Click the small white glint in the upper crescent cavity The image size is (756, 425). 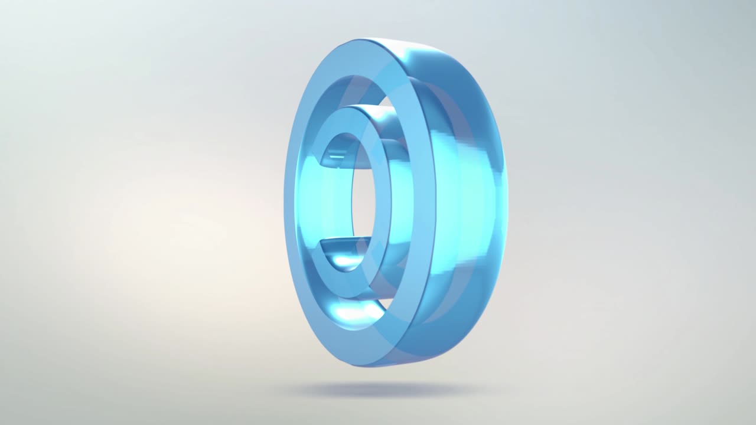tap(337, 158)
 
